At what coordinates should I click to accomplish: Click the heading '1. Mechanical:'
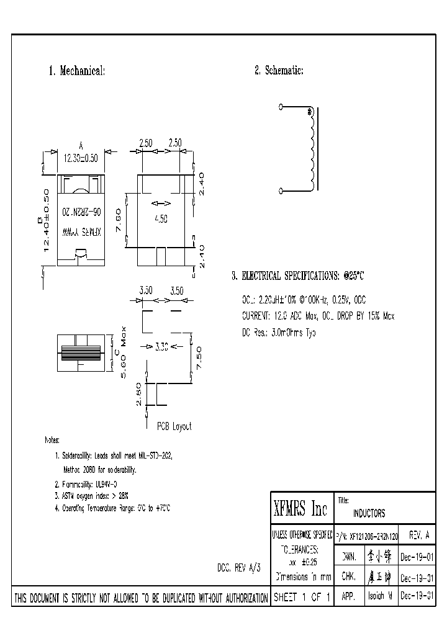click(x=77, y=71)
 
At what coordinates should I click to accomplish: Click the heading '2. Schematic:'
click(x=279, y=71)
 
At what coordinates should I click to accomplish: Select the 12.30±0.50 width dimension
click(x=81, y=158)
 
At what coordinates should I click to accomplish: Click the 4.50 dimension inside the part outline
click(x=162, y=219)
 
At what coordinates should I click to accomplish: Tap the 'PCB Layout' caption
click(x=174, y=426)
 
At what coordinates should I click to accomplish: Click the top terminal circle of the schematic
click(x=281, y=107)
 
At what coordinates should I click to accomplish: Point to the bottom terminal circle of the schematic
click(x=281, y=191)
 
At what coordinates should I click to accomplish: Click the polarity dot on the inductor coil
click(x=310, y=112)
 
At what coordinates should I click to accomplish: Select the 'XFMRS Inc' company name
click(x=300, y=509)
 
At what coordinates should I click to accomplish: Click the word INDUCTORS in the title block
click(x=369, y=513)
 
